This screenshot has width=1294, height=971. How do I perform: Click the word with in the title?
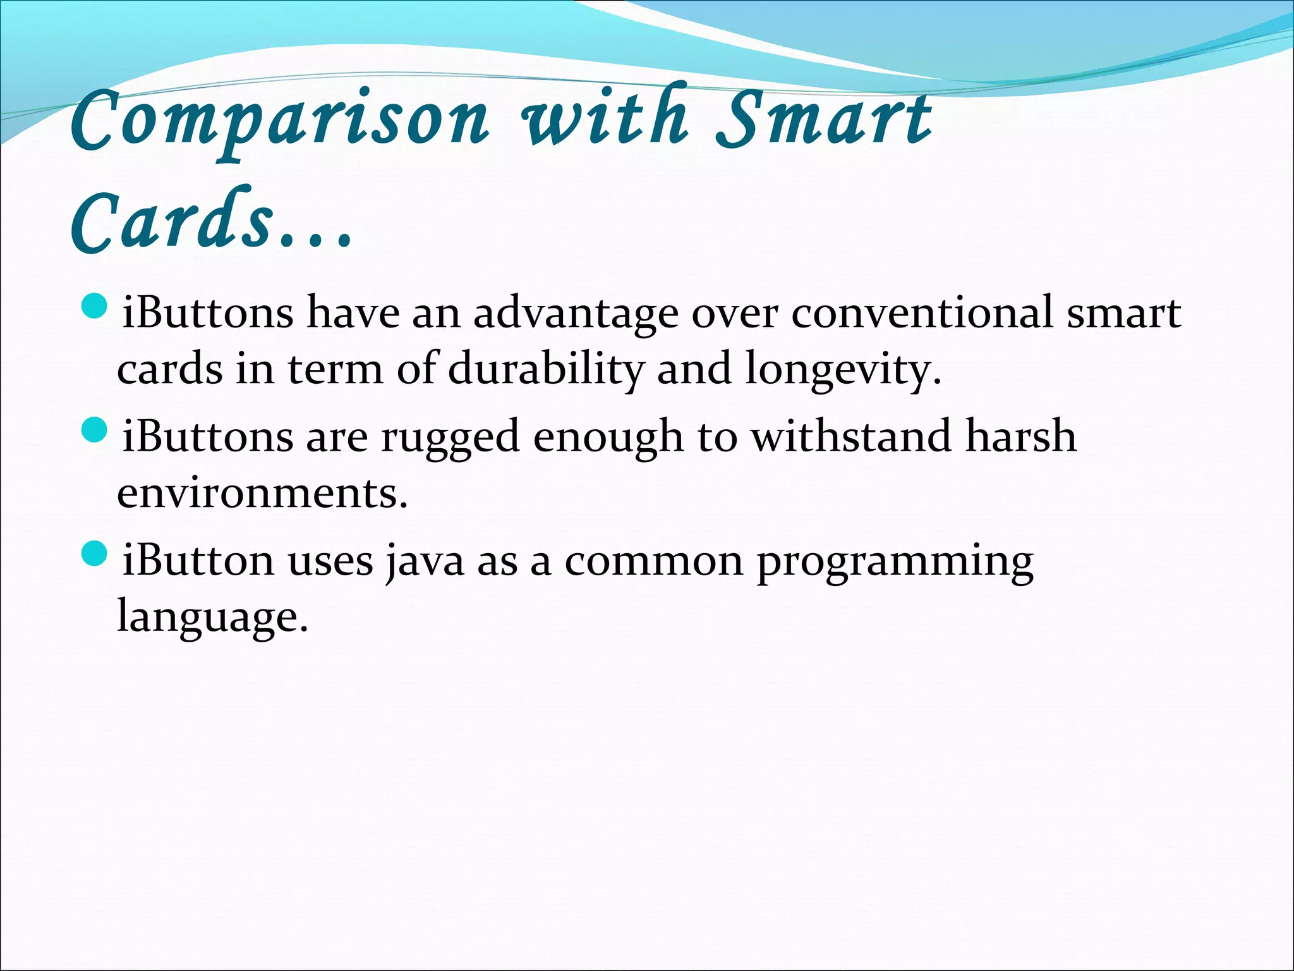coord(603,118)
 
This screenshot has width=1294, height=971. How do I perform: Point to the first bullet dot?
coord(95,307)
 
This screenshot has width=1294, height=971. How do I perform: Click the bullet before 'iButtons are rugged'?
coord(95,431)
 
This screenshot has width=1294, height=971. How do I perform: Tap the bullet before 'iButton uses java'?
coord(95,554)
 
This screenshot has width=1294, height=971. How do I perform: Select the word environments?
coord(262,494)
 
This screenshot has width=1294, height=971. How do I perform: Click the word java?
coord(424,562)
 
